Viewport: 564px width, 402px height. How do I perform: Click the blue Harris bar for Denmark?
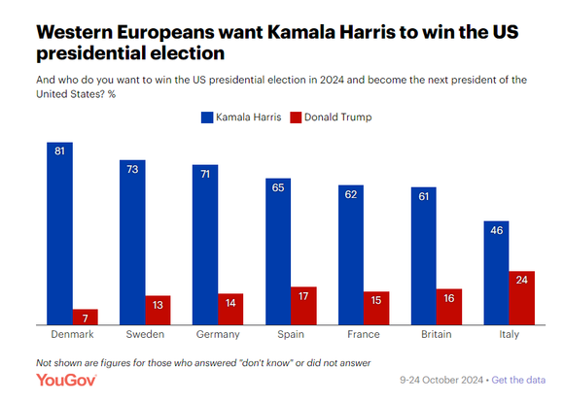coord(59,233)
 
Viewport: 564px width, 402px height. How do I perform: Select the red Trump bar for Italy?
coord(522,298)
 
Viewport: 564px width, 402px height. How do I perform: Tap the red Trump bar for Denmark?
coord(86,317)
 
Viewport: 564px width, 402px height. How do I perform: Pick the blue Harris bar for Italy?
coord(496,273)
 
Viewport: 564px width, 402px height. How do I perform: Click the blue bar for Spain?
coord(278,251)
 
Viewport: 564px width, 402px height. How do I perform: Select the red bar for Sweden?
coord(158,310)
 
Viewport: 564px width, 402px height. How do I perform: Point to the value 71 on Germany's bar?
coord(205,174)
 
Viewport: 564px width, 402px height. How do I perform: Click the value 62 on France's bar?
coord(351,194)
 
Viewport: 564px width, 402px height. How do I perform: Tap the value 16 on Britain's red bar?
coord(449,298)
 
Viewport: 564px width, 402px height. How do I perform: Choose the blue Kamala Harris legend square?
coord(207,117)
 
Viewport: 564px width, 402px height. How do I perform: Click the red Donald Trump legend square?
coord(296,117)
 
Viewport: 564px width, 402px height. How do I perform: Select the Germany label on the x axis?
coord(218,334)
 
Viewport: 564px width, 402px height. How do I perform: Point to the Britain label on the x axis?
coord(437,334)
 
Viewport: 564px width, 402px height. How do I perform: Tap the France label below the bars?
coord(364,334)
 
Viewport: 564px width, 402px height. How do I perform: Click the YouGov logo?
coord(66,380)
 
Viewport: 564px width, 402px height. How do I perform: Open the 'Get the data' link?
coord(518,380)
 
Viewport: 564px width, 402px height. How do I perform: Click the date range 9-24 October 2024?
coord(441,380)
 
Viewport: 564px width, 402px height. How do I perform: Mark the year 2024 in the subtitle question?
coord(332,80)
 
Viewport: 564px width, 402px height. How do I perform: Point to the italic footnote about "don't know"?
coord(203,363)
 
